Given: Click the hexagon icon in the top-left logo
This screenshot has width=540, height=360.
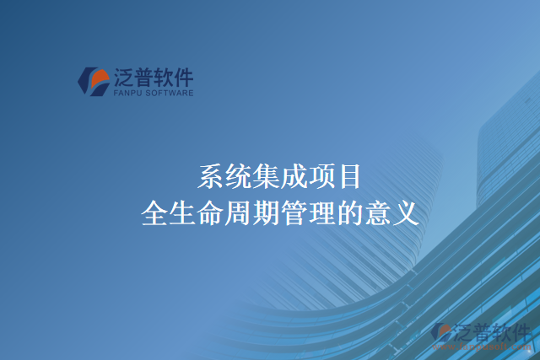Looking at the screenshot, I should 93,80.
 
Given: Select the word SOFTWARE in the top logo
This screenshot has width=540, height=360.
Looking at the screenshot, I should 170,93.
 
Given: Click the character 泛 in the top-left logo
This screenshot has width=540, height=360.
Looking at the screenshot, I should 122,77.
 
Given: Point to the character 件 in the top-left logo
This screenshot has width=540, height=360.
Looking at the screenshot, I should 182,77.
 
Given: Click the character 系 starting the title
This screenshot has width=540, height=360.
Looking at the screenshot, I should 211,176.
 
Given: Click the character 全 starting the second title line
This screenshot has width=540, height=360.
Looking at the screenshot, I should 155,212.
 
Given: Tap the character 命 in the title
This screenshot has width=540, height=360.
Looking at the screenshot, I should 211,212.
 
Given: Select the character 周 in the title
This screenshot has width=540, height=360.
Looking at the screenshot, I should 239,212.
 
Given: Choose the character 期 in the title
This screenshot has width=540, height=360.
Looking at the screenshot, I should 267,212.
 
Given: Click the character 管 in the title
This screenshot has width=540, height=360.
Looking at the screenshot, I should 294,212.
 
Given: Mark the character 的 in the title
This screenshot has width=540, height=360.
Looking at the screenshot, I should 349,212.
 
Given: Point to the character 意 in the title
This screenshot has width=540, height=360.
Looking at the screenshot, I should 377,212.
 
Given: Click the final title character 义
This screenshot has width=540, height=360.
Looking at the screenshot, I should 405,212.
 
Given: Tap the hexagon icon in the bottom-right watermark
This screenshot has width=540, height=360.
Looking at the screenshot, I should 441,332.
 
